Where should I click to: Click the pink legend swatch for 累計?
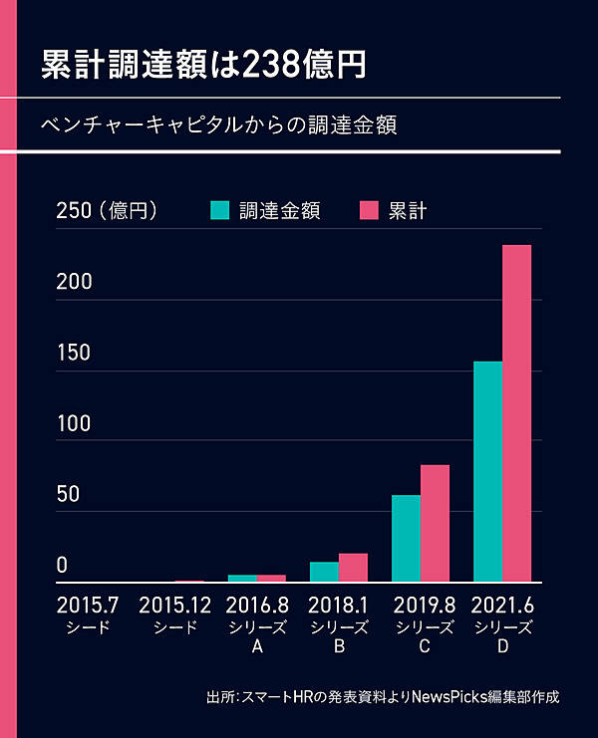tap(370, 210)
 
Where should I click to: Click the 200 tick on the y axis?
tap(74, 282)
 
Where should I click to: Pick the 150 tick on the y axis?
tap(74, 353)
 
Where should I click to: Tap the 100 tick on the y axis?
tap(74, 423)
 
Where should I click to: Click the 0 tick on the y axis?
tap(62, 565)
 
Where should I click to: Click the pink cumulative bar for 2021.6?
tap(516, 413)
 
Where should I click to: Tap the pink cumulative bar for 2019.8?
tap(435, 523)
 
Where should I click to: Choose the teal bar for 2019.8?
tap(406, 538)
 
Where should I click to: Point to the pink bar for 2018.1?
tap(353, 568)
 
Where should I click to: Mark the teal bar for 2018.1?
tap(324, 572)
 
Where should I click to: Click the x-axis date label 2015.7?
tap(88, 605)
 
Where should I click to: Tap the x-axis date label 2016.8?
tap(257, 605)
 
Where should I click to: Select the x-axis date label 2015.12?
tap(175, 605)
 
